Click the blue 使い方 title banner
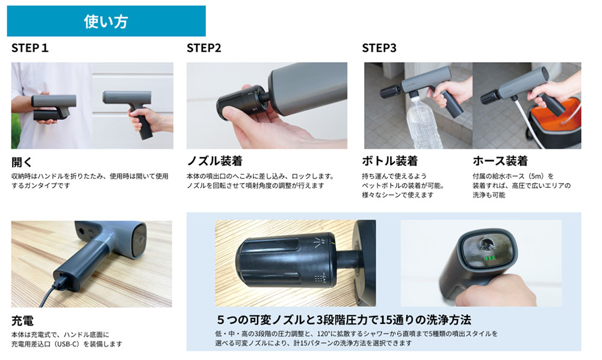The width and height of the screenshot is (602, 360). [106, 21]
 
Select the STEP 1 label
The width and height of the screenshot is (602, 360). [29, 49]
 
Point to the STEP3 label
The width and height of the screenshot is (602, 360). [379, 49]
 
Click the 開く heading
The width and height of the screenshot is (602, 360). [22, 163]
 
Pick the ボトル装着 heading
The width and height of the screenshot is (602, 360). [389, 161]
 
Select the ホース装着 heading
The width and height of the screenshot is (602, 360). [500, 161]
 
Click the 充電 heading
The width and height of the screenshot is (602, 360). [22, 321]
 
